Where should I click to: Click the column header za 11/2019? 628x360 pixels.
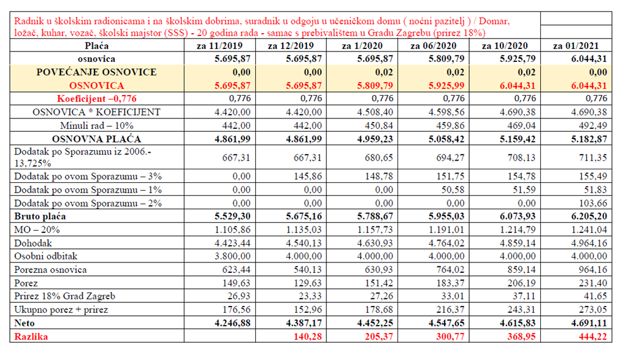click(220, 45)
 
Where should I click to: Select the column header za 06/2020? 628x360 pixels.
click(434, 45)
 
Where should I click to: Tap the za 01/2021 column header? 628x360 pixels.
click(576, 45)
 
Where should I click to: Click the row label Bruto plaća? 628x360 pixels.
click(40, 216)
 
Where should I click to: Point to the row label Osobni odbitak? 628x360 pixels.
click(45, 256)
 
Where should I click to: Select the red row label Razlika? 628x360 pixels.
click(31, 336)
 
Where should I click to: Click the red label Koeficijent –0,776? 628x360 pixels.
click(96, 99)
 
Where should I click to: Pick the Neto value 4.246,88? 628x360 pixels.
click(232, 323)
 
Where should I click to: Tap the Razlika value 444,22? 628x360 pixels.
click(593, 336)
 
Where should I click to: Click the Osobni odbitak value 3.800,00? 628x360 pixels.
click(232, 256)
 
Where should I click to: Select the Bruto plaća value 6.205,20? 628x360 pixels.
click(589, 216)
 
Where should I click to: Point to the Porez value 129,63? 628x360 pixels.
click(308, 283)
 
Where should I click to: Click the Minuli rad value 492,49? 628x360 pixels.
click(593, 126)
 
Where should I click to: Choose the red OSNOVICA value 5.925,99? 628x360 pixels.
click(446, 86)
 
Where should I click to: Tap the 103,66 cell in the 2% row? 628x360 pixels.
click(593, 203)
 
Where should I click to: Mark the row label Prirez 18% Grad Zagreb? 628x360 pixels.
click(64, 296)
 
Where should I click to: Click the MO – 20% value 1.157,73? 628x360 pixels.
click(375, 230)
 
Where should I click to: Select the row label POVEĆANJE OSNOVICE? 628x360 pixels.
click(96, 72)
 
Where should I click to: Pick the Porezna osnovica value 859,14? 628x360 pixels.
click(521, 269)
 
